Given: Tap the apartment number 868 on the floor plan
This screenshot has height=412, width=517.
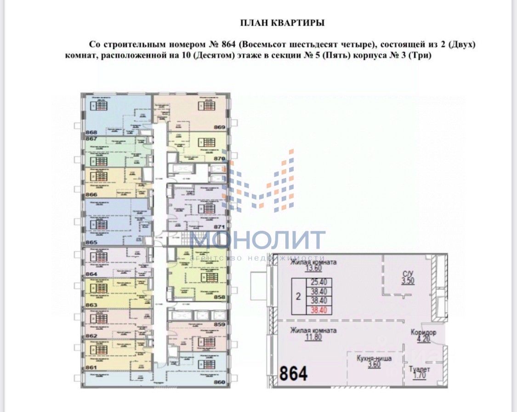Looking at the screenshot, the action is tap(92, 132).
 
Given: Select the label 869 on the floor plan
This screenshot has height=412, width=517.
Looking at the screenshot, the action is tap(219, 127).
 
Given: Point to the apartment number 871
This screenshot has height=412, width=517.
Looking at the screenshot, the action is tap(219, 227).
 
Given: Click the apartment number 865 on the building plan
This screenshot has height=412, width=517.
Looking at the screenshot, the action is tap(92, 242).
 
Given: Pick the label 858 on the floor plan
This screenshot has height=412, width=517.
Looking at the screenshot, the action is tap(219, 297).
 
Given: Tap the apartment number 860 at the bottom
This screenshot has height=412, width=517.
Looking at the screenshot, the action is tap(219, 381).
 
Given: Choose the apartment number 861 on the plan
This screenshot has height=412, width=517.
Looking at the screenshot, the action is tap(92, 367).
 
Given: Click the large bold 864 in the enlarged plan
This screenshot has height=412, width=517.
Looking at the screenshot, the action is tap(293, 373).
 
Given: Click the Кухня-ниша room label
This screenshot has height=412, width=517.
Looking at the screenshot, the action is tap(374, 358).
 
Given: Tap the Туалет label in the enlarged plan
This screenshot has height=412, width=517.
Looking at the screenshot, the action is tap(419, 369).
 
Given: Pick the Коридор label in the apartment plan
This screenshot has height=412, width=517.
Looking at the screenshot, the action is tap(423, 333).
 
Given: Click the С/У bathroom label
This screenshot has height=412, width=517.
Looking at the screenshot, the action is tap(408, 272).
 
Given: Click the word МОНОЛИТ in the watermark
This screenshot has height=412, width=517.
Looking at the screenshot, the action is tap(258, 241).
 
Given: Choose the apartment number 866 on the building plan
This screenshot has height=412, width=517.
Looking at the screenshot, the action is tap(92, 194).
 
